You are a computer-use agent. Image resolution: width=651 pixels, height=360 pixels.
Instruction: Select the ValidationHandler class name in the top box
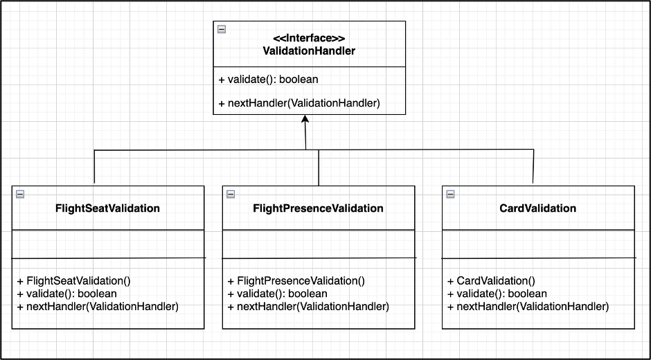[309, 51]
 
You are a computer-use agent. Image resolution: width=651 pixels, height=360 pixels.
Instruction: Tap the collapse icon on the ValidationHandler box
[222, 29]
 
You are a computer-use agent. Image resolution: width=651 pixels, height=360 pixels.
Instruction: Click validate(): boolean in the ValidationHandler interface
[268, 80]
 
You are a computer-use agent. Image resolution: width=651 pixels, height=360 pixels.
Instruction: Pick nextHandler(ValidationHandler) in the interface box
[298, 103]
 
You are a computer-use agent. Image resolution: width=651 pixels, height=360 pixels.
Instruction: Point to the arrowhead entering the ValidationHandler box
[305, 120]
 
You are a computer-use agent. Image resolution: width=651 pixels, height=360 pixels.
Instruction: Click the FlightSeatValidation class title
[107, 208]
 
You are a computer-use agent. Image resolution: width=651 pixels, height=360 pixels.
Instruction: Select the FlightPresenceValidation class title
[318, 208]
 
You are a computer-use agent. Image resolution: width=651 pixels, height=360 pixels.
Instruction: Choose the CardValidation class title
[537, 208]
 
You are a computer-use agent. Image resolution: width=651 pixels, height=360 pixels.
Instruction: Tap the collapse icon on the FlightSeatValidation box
[20, 194]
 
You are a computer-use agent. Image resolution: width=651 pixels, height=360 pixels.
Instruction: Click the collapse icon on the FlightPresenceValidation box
[231, 194]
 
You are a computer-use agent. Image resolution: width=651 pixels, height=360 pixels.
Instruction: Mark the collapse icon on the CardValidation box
[450, 194]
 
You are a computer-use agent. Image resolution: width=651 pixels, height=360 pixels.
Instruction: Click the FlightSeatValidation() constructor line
[74, 281]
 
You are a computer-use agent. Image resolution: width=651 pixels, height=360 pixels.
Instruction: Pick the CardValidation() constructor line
[491, 281]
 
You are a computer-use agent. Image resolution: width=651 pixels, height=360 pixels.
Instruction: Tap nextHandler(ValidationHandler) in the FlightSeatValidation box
[98, 306]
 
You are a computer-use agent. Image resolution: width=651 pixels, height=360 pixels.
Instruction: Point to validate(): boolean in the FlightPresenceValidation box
[278, 294]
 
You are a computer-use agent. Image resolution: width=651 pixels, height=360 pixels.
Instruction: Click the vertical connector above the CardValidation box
[534, 166]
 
